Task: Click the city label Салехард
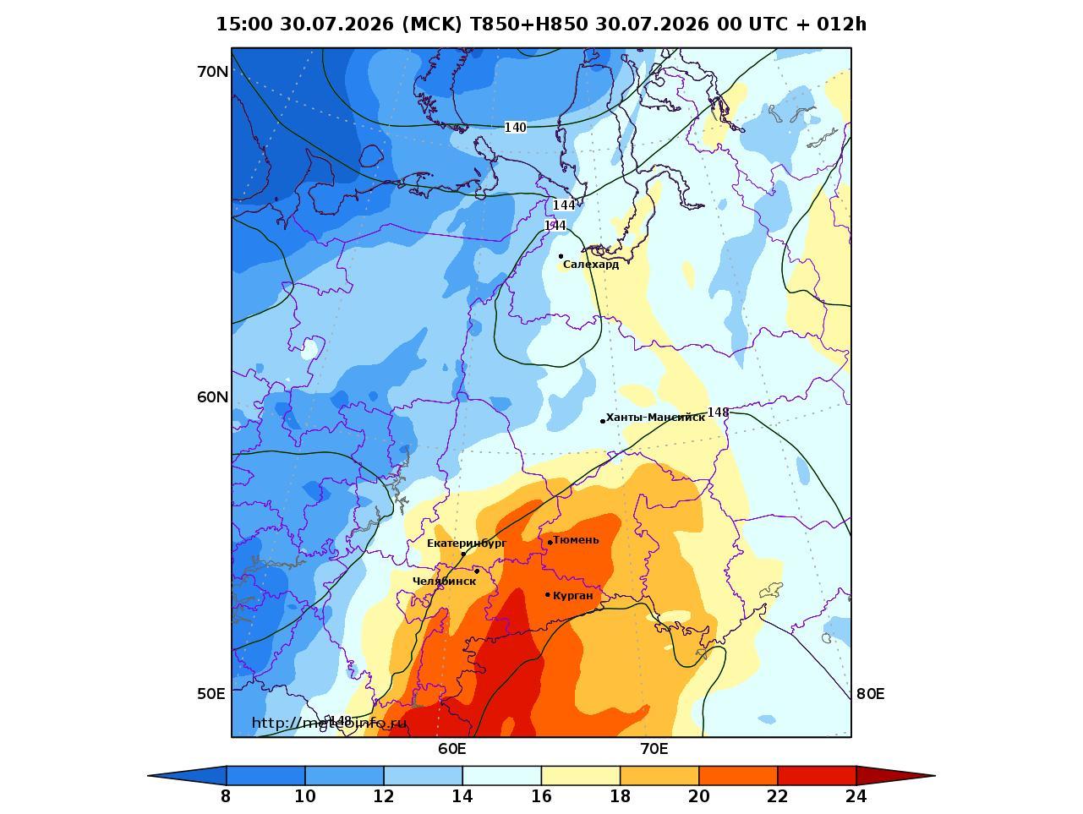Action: tap(591, 265)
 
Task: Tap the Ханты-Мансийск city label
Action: tap(655, 418)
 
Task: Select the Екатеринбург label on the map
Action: tap(467, 544)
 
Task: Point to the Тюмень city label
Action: tap(576, 540)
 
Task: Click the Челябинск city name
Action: tap(444, 582)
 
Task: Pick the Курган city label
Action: tap(573, 595)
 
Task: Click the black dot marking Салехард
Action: tap(561, 256)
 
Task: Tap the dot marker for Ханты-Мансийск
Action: tap(603, 421)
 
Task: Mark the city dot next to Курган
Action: tap(548, 594)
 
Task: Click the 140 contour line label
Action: tap(515, 128)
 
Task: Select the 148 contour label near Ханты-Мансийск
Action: tap(718, 412)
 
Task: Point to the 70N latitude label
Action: tap(213, 72)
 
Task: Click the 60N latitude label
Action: tap(213, 397)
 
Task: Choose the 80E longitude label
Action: tap(870, 694)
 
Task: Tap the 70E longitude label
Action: tap(654, 749)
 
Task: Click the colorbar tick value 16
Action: tap(541, 796)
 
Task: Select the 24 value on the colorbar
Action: tap(856, 796)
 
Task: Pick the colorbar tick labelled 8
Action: tap(226, 796)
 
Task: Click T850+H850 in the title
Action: tap(529, 24)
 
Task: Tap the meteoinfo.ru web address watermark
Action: tap(329, 724)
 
